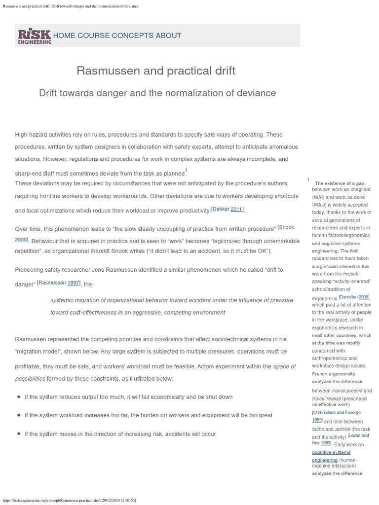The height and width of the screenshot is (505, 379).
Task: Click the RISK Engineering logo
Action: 35,36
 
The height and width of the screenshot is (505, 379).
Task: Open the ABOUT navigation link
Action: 169,36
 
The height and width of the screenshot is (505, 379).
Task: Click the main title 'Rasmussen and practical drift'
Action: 156,71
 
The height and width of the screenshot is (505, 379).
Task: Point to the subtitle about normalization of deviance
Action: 157,93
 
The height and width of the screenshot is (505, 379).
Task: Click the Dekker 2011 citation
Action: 227,209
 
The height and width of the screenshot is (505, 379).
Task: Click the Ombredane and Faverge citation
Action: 336,412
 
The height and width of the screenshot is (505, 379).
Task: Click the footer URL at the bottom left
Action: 69,500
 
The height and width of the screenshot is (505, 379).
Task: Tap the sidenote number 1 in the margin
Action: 308,180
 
